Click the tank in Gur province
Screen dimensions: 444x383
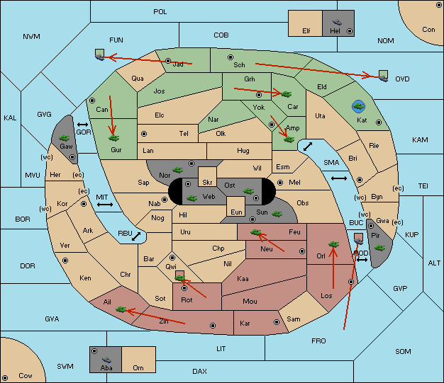[x=113, y=138]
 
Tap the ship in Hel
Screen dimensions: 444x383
[x=337, y=22]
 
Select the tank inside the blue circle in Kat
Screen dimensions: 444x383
[x=358, y=106]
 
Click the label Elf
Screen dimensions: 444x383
[x=306, y=31]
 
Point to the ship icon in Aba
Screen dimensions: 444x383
[x=106, y=360]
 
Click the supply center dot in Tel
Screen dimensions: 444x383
[x=144, y=133]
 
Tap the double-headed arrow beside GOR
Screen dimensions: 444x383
[x=83, y=125]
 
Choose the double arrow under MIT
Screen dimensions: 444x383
[x=105, y=205]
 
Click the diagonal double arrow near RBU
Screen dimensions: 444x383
[x=136, y=236]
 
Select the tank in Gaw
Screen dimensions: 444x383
[x=65, y=138]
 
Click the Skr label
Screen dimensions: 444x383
[x=207, y=183]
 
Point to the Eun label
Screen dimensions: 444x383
[x=236, y=212]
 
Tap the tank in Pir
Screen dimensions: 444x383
[x=379, y=248]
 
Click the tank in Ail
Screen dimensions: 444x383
[x=121, y=309]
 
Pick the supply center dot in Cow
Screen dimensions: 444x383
[x=5, y=377]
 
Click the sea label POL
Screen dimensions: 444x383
[x=160, y=12]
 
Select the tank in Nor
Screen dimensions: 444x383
[x=178, y=170]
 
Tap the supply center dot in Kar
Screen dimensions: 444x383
[x=277, y=322]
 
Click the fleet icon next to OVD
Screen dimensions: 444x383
[x=384, y=76]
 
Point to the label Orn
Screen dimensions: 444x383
[x=138, y=367]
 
